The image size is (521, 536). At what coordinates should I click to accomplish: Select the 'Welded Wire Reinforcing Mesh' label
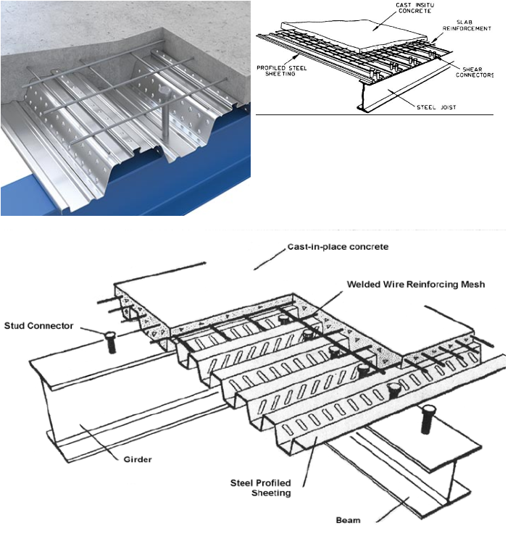point(416,285)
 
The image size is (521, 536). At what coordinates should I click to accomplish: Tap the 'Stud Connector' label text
point(38,326)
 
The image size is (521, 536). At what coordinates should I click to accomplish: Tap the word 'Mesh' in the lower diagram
point(471,285)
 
